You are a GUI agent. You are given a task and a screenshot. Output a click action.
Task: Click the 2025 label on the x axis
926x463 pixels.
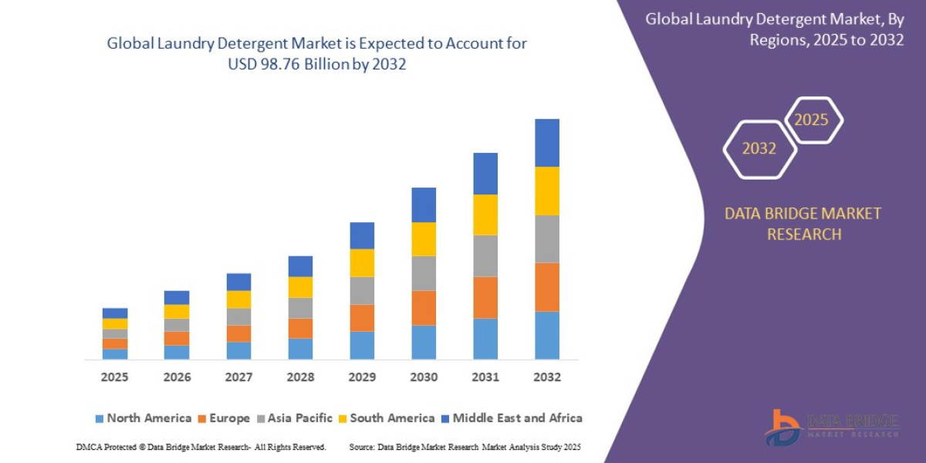114,377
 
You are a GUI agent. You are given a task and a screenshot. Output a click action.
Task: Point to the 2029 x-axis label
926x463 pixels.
362,377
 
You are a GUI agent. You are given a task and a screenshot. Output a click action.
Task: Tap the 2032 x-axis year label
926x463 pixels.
547,377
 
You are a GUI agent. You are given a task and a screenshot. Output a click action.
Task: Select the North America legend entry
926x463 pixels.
143,418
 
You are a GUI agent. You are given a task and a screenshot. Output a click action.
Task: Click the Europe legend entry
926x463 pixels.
224,418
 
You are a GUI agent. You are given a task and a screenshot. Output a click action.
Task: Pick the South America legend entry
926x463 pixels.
386,418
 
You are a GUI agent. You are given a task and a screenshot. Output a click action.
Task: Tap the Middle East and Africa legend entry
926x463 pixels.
511,418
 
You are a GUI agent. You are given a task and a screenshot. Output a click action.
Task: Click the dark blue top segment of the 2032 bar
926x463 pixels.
547,143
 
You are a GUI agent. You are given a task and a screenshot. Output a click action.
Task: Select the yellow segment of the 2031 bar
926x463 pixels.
485,215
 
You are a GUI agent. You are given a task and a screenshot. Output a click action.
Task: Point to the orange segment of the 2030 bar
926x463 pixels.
424,308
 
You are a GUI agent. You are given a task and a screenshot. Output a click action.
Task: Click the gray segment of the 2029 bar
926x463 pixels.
362,290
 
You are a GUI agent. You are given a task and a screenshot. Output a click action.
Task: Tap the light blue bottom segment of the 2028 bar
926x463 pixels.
300,349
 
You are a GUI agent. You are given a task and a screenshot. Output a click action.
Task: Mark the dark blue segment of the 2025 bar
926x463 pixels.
114,313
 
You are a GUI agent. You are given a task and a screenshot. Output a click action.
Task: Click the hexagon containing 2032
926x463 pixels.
759,149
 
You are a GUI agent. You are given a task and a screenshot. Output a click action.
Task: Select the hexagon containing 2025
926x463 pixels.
813,120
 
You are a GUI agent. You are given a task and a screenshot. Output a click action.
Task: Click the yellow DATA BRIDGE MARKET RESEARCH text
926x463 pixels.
803,224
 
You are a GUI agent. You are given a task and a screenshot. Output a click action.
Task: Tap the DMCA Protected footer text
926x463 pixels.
201,447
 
